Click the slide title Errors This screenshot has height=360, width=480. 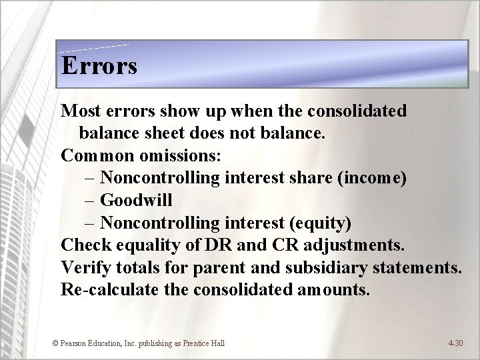pos(99,66)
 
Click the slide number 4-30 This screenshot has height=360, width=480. pos(455,343)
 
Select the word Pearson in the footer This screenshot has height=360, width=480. pos(74,343)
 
